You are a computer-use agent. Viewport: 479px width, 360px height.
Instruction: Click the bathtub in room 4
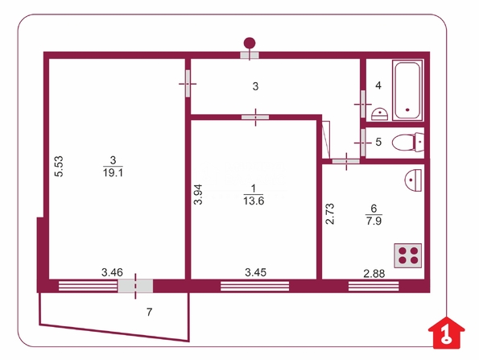click(407, 90)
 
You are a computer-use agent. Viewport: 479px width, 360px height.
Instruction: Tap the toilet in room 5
click(408, 142)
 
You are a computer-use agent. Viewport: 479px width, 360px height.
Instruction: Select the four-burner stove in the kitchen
click(408, 255)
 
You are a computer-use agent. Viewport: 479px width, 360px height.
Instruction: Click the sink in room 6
click(413, 180)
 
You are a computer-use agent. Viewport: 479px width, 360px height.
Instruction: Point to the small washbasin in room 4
click(380, 114)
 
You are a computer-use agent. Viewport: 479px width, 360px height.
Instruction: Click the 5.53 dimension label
click(59, 166)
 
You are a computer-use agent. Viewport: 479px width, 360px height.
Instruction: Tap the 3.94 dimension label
click(198, 194)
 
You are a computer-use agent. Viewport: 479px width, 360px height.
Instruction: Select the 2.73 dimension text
click(330, 214)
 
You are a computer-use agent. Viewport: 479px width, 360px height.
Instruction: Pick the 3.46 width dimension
click(112, 272)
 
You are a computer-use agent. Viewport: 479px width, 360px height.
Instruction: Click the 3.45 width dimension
click(256, 272)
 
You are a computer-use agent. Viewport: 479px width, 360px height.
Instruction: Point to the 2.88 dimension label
click(374, 274)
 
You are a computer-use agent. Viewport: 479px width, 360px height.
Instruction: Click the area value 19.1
click(113, 173)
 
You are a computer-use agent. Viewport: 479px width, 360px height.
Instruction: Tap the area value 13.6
click(254, 201)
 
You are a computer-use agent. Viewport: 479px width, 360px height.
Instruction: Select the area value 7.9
click(374, 221)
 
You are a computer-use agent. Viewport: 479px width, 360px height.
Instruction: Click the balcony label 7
click(150, 312)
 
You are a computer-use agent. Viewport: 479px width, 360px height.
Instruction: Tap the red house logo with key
click(447, 333)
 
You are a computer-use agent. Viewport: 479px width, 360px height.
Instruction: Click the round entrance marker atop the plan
click(250, 43)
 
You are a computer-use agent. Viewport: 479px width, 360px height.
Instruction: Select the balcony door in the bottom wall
click(135, 286)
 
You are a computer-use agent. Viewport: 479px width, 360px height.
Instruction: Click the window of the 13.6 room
click(254, 286)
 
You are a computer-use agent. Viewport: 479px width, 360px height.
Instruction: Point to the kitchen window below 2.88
click(374, 286)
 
